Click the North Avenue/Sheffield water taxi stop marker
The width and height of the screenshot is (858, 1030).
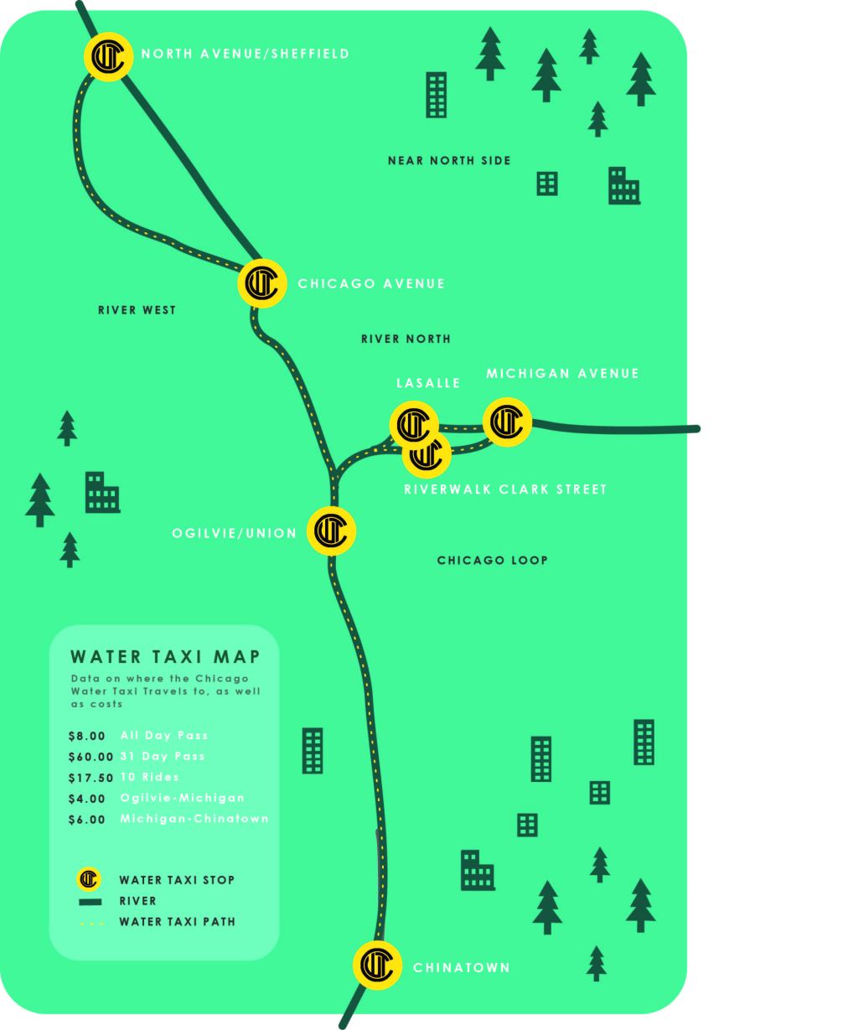pos(108,56)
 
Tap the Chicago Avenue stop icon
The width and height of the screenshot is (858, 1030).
pos(263,283)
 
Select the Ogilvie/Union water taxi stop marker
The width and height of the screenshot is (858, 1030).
pos(332,530)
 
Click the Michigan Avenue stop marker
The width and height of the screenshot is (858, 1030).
pos(507,422)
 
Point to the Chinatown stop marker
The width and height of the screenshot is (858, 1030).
pos(377,965)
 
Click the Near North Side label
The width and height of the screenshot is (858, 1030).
pos(449,160)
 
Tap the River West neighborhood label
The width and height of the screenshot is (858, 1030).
pos(137,310)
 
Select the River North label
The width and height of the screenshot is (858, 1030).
pos(406,339)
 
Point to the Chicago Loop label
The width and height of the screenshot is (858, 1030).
pos(493,560)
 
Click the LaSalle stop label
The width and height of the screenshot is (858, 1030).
pos(428,383)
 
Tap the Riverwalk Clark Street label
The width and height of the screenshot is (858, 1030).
pos(505,489)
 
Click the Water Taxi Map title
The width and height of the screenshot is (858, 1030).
pos(165,656)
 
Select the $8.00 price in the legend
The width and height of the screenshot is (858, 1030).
pos(87,736)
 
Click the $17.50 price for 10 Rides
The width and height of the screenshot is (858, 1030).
pos(90,778)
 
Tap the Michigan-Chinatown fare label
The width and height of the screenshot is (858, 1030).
pos(194,819)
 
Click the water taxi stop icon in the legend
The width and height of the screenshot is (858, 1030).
pos(88,880)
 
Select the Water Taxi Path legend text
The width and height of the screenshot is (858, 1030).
pos(177,922)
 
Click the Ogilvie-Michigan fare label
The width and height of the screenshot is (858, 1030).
pos(183,798)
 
